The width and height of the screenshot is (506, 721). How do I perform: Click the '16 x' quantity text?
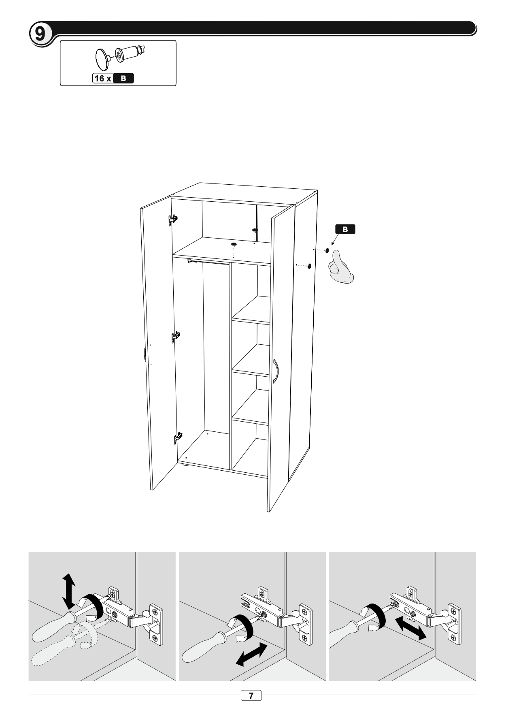tap(103, 78)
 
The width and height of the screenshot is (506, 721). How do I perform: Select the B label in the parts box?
tap(123, 78)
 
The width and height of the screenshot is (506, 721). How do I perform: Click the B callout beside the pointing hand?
tap(345, 229)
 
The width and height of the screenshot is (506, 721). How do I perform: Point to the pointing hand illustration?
tap(341, 267)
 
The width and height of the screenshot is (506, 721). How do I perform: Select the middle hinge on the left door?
tap(176, 336)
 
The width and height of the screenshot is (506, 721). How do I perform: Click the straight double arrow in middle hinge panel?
tap(251, 654)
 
